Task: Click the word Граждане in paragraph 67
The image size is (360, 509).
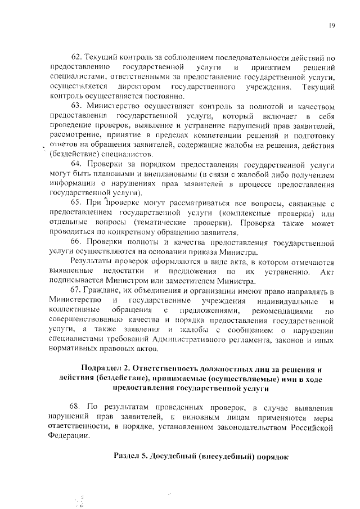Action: click(103, 291)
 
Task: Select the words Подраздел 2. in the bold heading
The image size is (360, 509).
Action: click(105, 369)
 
